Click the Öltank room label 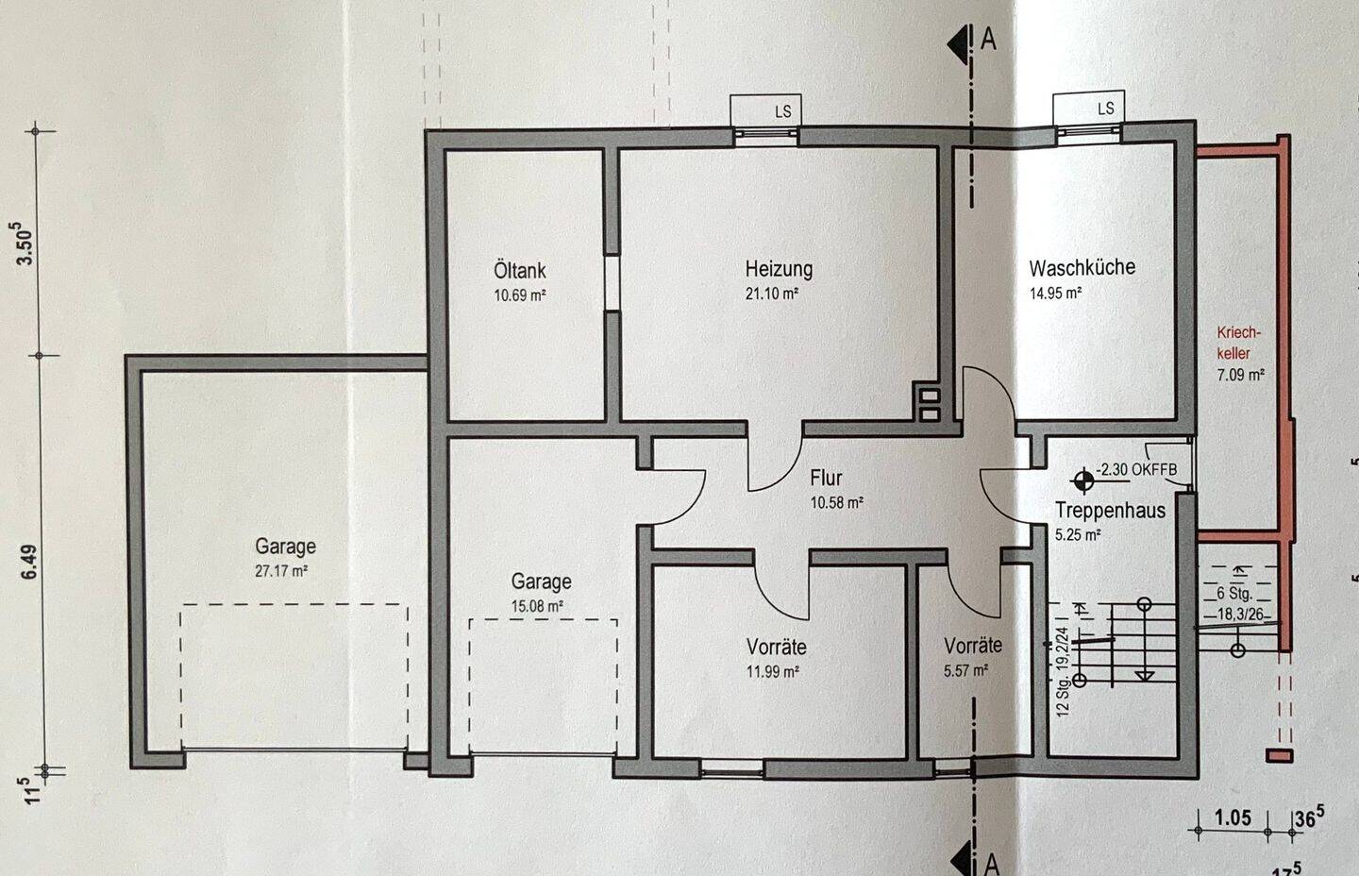(x=519, y=271)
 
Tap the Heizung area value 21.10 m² (x=771, y=295)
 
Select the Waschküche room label (x=1082, y=267)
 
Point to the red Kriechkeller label (x=1238, y=343)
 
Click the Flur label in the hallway (x=826, y=478)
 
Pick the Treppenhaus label (x=1110, y=510)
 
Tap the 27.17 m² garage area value (x=281, y=571)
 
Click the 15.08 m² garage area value (x=537, y=606)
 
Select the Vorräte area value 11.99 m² (x=772, y=671)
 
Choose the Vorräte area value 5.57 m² (x=965, y=671)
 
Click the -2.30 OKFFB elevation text (x=1136, y=469)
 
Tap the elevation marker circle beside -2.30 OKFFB (x=1083, y=481)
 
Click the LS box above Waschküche (x=1088, y=108)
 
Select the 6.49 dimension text (x=28, y=562)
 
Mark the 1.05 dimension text (x=1233, y=817)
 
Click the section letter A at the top (x=988, y=39)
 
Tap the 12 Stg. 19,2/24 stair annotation (x=1063, y=671)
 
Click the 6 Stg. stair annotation (x=1234, y=593)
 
